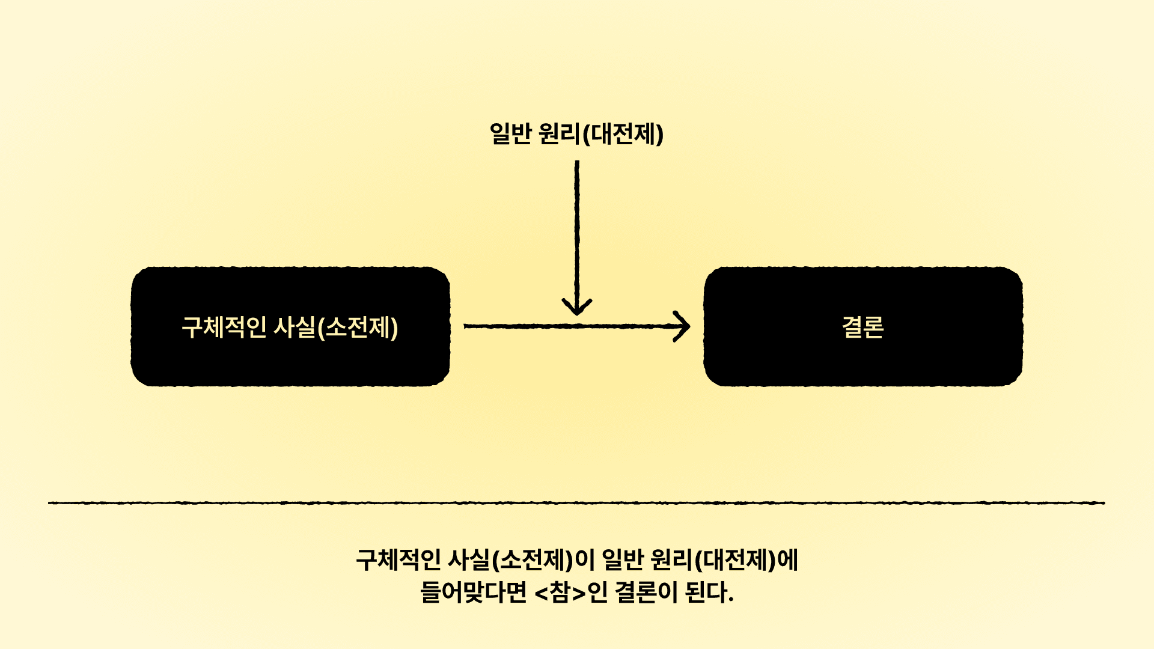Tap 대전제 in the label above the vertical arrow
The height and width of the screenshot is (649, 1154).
624,133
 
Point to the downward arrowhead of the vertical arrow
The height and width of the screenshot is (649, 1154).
577,306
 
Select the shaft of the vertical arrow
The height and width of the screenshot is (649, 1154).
577,228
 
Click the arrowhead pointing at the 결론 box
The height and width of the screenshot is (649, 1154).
682,326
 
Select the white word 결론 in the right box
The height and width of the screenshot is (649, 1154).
862,328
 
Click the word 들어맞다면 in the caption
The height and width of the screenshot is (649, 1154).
473,593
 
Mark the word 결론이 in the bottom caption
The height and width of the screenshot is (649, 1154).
646,593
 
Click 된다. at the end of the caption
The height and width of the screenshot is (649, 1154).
709,593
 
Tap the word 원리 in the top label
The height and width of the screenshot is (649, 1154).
559,133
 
